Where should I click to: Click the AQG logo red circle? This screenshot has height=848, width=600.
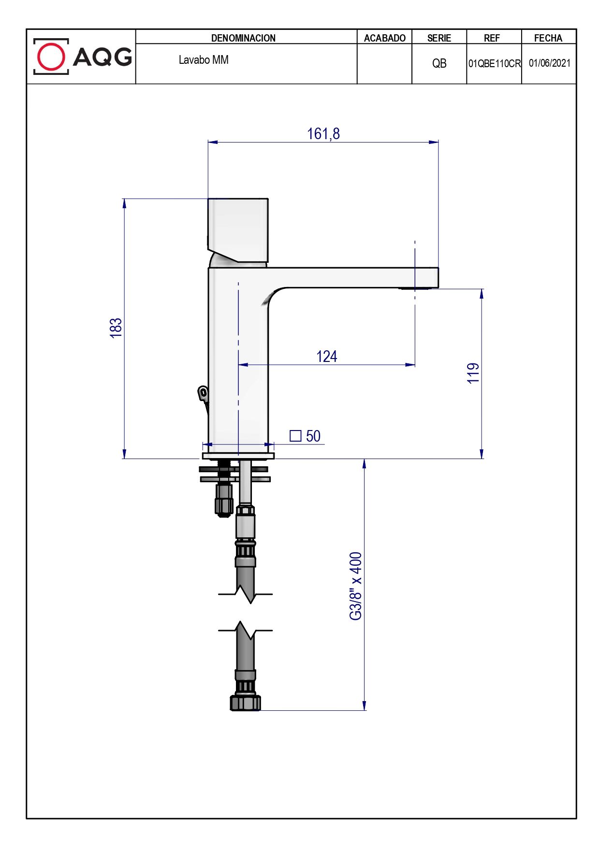(x=51, y=57)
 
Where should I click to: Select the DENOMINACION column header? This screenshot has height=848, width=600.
(x=243, y=38)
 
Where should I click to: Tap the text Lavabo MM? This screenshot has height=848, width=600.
(x=204, y=60)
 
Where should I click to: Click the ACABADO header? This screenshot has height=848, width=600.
(x=385, y=38)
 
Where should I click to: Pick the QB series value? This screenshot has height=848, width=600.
(x=439, y=63)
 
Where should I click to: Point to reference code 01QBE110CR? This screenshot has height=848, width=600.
(x=494, y=63)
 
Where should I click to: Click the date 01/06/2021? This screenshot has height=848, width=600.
(x=549, y=63)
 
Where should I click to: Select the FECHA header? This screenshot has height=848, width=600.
(x=548, y=38)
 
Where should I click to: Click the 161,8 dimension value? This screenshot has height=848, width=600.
(x=323, y=133)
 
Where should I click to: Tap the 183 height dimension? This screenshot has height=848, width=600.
(x=116, y=328)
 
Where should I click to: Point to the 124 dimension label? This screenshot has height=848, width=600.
(x=327, y=357)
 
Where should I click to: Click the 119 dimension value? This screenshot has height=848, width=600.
(x=473, y=373)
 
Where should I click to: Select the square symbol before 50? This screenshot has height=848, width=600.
(x=295, y=436)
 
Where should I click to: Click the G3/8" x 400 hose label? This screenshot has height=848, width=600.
(x=356, y=586)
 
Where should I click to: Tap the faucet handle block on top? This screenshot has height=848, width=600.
(x=238, y=230)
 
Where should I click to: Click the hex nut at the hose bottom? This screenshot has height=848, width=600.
(x=245, y=703)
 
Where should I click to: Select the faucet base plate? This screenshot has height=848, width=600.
(x=238, y=456)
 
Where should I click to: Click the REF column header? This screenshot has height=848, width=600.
(x=492, y=38)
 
